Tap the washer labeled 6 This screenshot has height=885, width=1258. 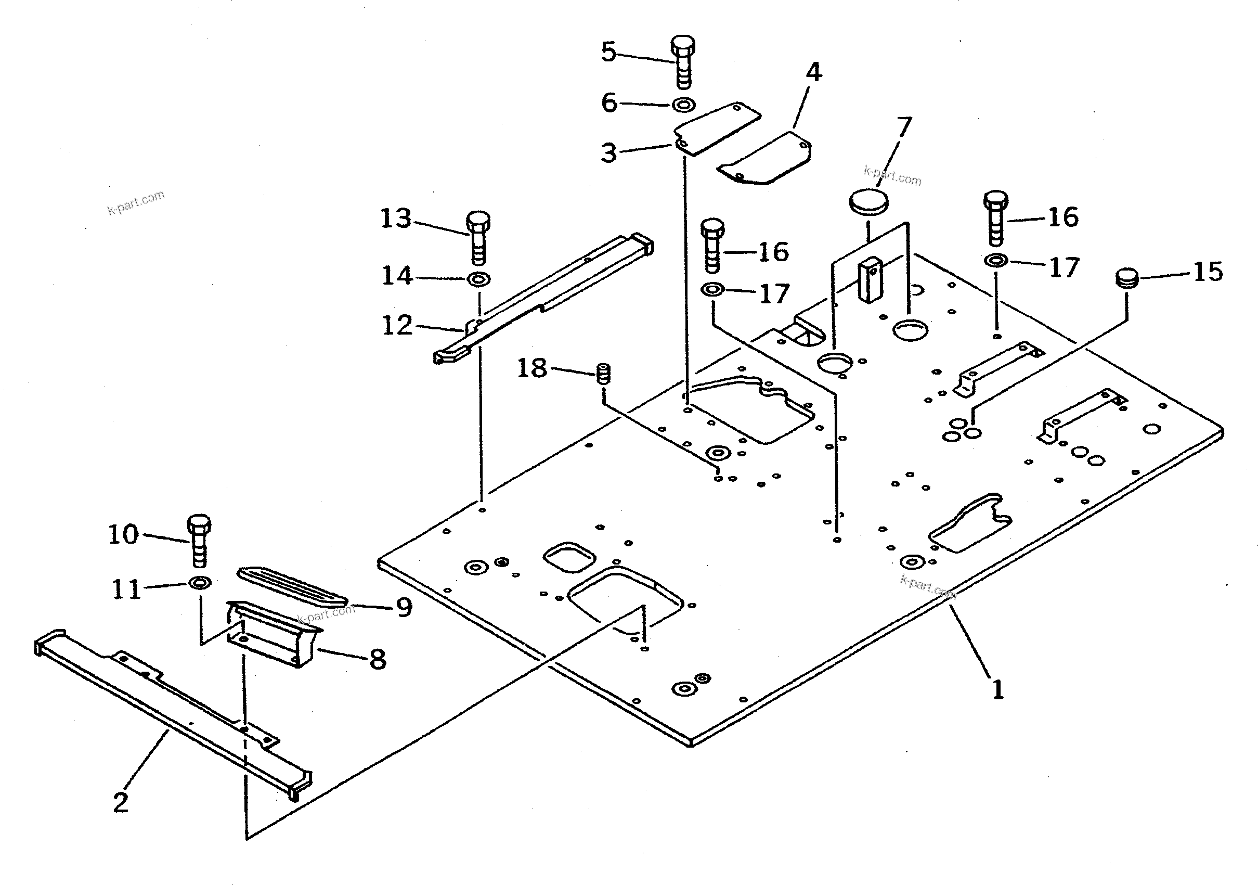(x=684, y=104)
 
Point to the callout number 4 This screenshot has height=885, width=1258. (x=814, y=72)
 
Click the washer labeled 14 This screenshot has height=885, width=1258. (x=479, y=279)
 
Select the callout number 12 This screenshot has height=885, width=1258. (x=396, y=326)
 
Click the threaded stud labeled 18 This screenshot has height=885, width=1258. (x=603, y=374)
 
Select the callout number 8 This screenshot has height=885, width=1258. (x=378, y=659)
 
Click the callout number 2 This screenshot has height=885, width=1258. (x=120, y=802)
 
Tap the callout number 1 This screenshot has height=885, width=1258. (x=998, y=689)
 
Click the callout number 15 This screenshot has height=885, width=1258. (x=1208, y=272)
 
